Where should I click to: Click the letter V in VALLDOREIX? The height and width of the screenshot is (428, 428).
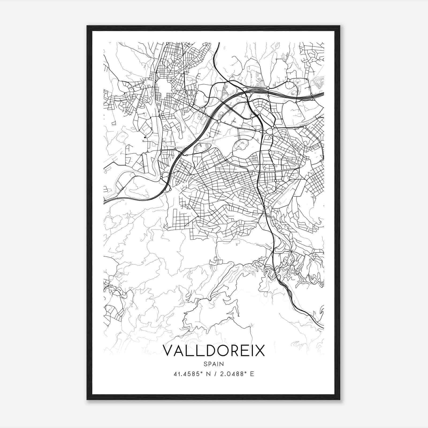pyautogui.click(x=168, y=350)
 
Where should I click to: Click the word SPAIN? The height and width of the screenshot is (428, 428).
pyautogui.click(x=214, y=364)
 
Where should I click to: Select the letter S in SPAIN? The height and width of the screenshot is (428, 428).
pyautogui.click(x=205, y=364)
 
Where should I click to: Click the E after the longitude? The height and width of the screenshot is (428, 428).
pyautogui.click(x=252, y=374)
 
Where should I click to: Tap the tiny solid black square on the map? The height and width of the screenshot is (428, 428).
pyautogui.click(x=145, y=137)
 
